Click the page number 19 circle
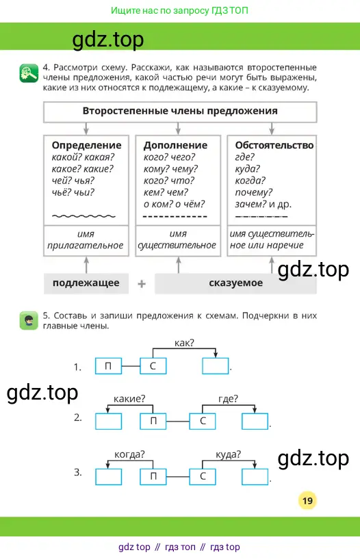307,501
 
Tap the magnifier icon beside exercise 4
29,73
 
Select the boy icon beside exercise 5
29,320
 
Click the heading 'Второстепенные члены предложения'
180,111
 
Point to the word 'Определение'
87,145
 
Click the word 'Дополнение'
175,145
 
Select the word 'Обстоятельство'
274,145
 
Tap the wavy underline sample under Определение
83,216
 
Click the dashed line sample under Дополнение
175,216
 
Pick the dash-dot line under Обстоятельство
261,216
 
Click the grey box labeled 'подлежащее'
86,283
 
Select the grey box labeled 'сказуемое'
235,283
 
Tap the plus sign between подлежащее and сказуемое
142,284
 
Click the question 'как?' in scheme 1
184,343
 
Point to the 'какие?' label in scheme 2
129,399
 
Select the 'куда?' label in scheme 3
228,454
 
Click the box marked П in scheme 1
108,366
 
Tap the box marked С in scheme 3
203,477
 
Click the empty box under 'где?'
255,421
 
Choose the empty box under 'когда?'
108,477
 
